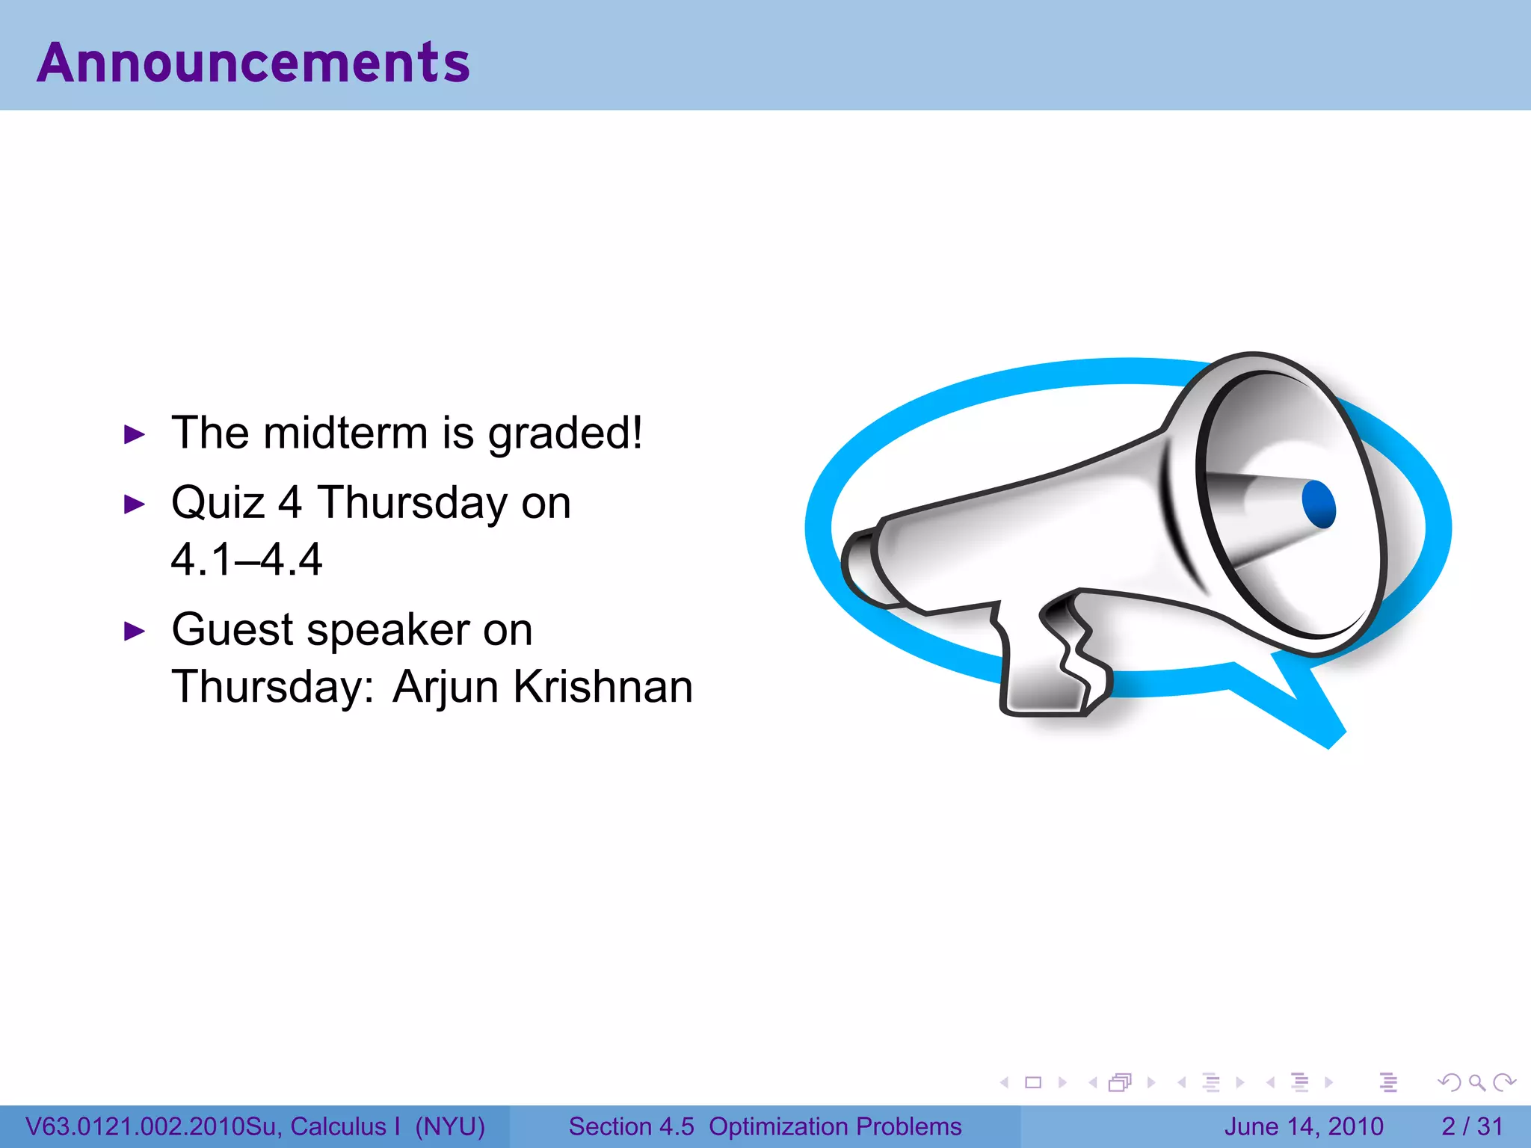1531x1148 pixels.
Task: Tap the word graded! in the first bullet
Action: [x=565, y=434]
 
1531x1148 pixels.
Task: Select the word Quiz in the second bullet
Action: [x=218, y=502]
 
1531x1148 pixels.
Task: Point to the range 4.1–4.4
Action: [x=247, y=559]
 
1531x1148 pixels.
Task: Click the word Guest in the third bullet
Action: [x=232, y=629]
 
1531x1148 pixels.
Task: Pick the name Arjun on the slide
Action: [x=446, y=688]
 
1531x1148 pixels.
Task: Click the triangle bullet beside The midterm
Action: [x=134, y=434]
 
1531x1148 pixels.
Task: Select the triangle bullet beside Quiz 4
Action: [x=134, y=504]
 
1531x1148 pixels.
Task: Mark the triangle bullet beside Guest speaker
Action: [x=134, y=632]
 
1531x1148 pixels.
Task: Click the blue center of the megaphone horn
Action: [x=1319, y=504]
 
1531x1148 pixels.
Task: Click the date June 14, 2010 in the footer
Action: [x=1303, y=1126]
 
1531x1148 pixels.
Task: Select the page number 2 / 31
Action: [x=1472, y=1126]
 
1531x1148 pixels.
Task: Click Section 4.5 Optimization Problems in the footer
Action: [x=765, y=1126]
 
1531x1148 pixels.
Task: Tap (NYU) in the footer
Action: [x=450, y=1126]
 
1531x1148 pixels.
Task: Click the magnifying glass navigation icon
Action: [x=1476, y=1082]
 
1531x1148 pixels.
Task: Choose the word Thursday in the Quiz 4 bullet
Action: [x=413, y=502]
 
